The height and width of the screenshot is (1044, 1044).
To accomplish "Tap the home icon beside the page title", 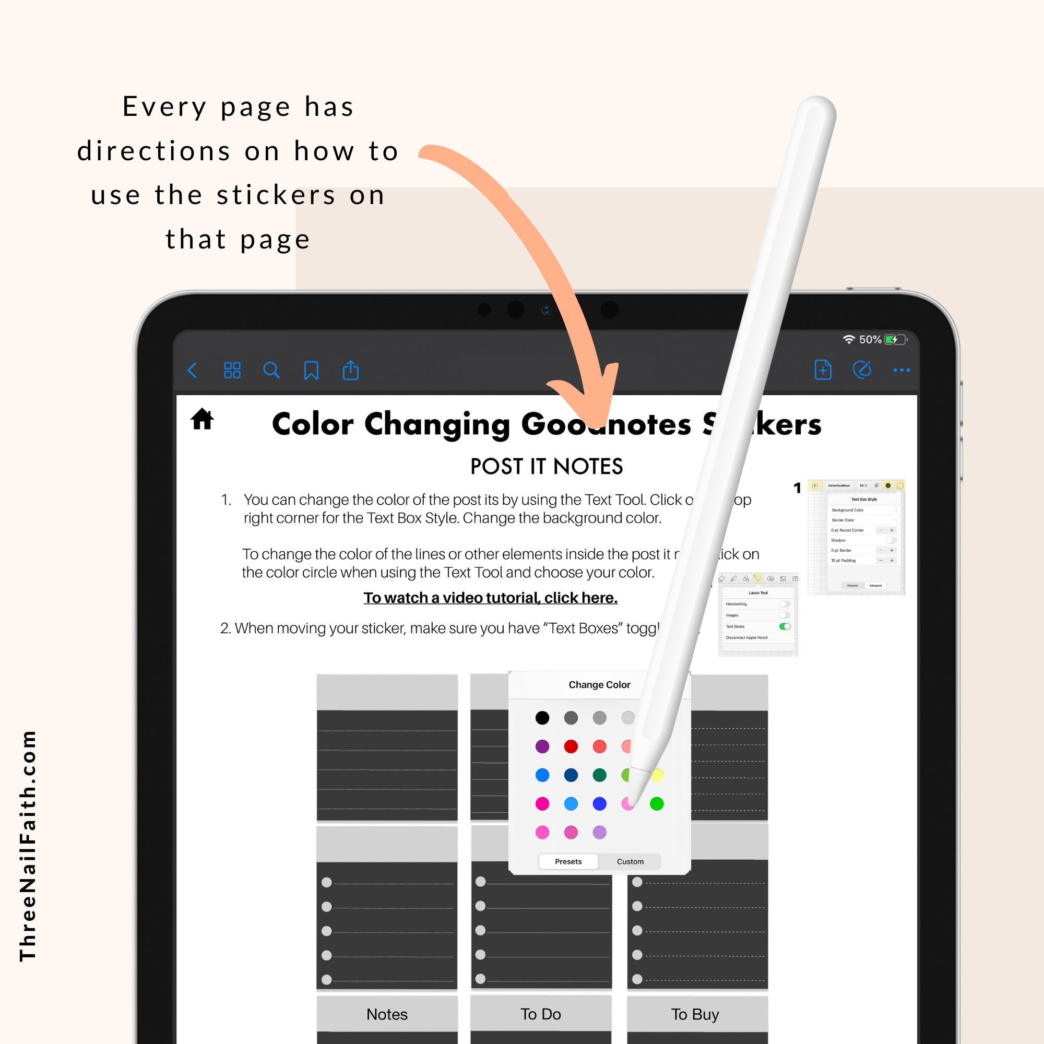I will point(202,419).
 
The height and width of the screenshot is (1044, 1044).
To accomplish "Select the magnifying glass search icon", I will point(271,371).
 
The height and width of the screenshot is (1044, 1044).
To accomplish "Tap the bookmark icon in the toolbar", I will point(311,371).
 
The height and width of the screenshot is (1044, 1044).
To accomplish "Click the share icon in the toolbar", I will point(351,371).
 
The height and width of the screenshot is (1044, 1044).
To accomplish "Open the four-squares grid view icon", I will point(232,371).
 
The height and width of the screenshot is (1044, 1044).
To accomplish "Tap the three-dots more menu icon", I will point(901,371).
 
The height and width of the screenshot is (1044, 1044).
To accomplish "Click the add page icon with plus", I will point(823,370).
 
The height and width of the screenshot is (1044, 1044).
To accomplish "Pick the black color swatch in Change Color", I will point(542,718).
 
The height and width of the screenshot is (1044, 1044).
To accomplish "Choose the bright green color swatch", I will point(657,803).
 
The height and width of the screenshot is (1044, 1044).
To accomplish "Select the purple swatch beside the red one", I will point(542,746).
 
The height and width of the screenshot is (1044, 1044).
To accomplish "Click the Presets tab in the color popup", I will point(568,861).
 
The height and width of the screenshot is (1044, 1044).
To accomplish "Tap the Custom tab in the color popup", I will point(630,861).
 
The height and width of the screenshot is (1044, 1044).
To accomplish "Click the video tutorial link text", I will point(490,598).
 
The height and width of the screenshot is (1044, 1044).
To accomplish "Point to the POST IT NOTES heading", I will point(547,466).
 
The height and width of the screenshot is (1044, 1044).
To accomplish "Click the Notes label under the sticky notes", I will point(387,1014).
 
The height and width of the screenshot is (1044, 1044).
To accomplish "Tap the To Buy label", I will point(695,1014).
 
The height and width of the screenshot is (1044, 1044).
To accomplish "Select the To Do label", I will point(540,1014).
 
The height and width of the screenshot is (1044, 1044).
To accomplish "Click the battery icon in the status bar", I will point(895,339).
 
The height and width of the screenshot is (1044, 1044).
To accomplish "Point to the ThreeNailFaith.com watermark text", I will point(28,846).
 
